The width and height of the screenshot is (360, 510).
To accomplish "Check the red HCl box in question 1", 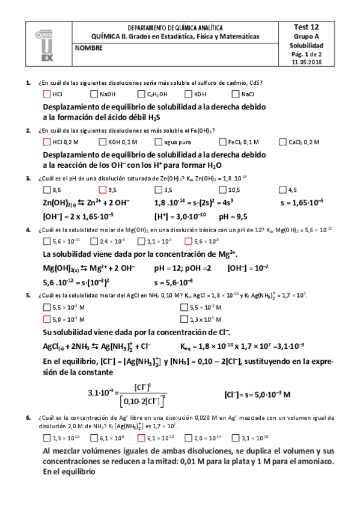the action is click(47, 94).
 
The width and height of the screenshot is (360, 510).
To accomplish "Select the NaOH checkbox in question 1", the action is click(94, 94).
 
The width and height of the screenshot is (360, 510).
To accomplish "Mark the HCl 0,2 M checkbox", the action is click(47, 142).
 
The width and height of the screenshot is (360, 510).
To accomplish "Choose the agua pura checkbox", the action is click(158, 142).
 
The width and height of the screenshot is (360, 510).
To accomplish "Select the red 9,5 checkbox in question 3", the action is click(102, 189).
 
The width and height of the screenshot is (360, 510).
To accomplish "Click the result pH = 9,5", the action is click(233, 217).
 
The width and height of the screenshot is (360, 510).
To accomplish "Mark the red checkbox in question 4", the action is click(188, 241).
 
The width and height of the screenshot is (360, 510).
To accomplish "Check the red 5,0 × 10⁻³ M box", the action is click(47, 319).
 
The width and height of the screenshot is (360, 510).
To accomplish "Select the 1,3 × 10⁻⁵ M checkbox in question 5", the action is click(184, 319).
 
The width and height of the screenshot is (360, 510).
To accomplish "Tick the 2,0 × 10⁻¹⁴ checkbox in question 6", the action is click(188, 437).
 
